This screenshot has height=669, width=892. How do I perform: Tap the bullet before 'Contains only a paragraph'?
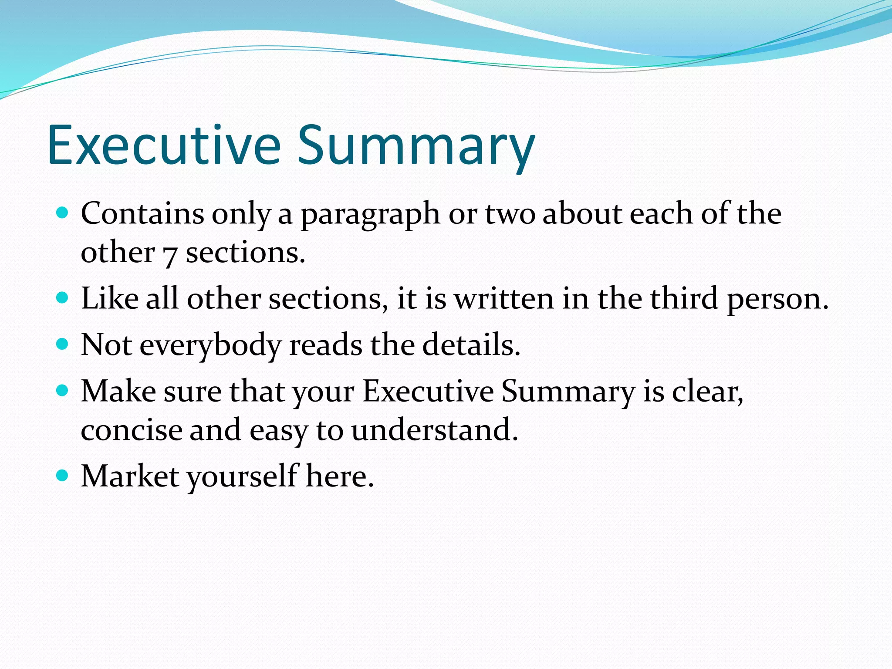(63, 213)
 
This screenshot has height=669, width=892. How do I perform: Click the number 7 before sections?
(169, 255)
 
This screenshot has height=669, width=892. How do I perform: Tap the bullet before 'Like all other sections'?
(63, 298)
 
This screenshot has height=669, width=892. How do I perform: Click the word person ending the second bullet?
(777, 301)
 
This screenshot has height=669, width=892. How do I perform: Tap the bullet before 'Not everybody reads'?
(63, 345)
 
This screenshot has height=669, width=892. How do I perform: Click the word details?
(471, 345)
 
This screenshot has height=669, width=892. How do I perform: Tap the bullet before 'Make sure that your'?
(63, 390)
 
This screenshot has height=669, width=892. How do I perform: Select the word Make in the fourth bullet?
(118, 391)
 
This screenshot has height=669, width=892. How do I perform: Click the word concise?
(132, 430)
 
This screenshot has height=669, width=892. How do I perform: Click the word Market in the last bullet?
(130, 476)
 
